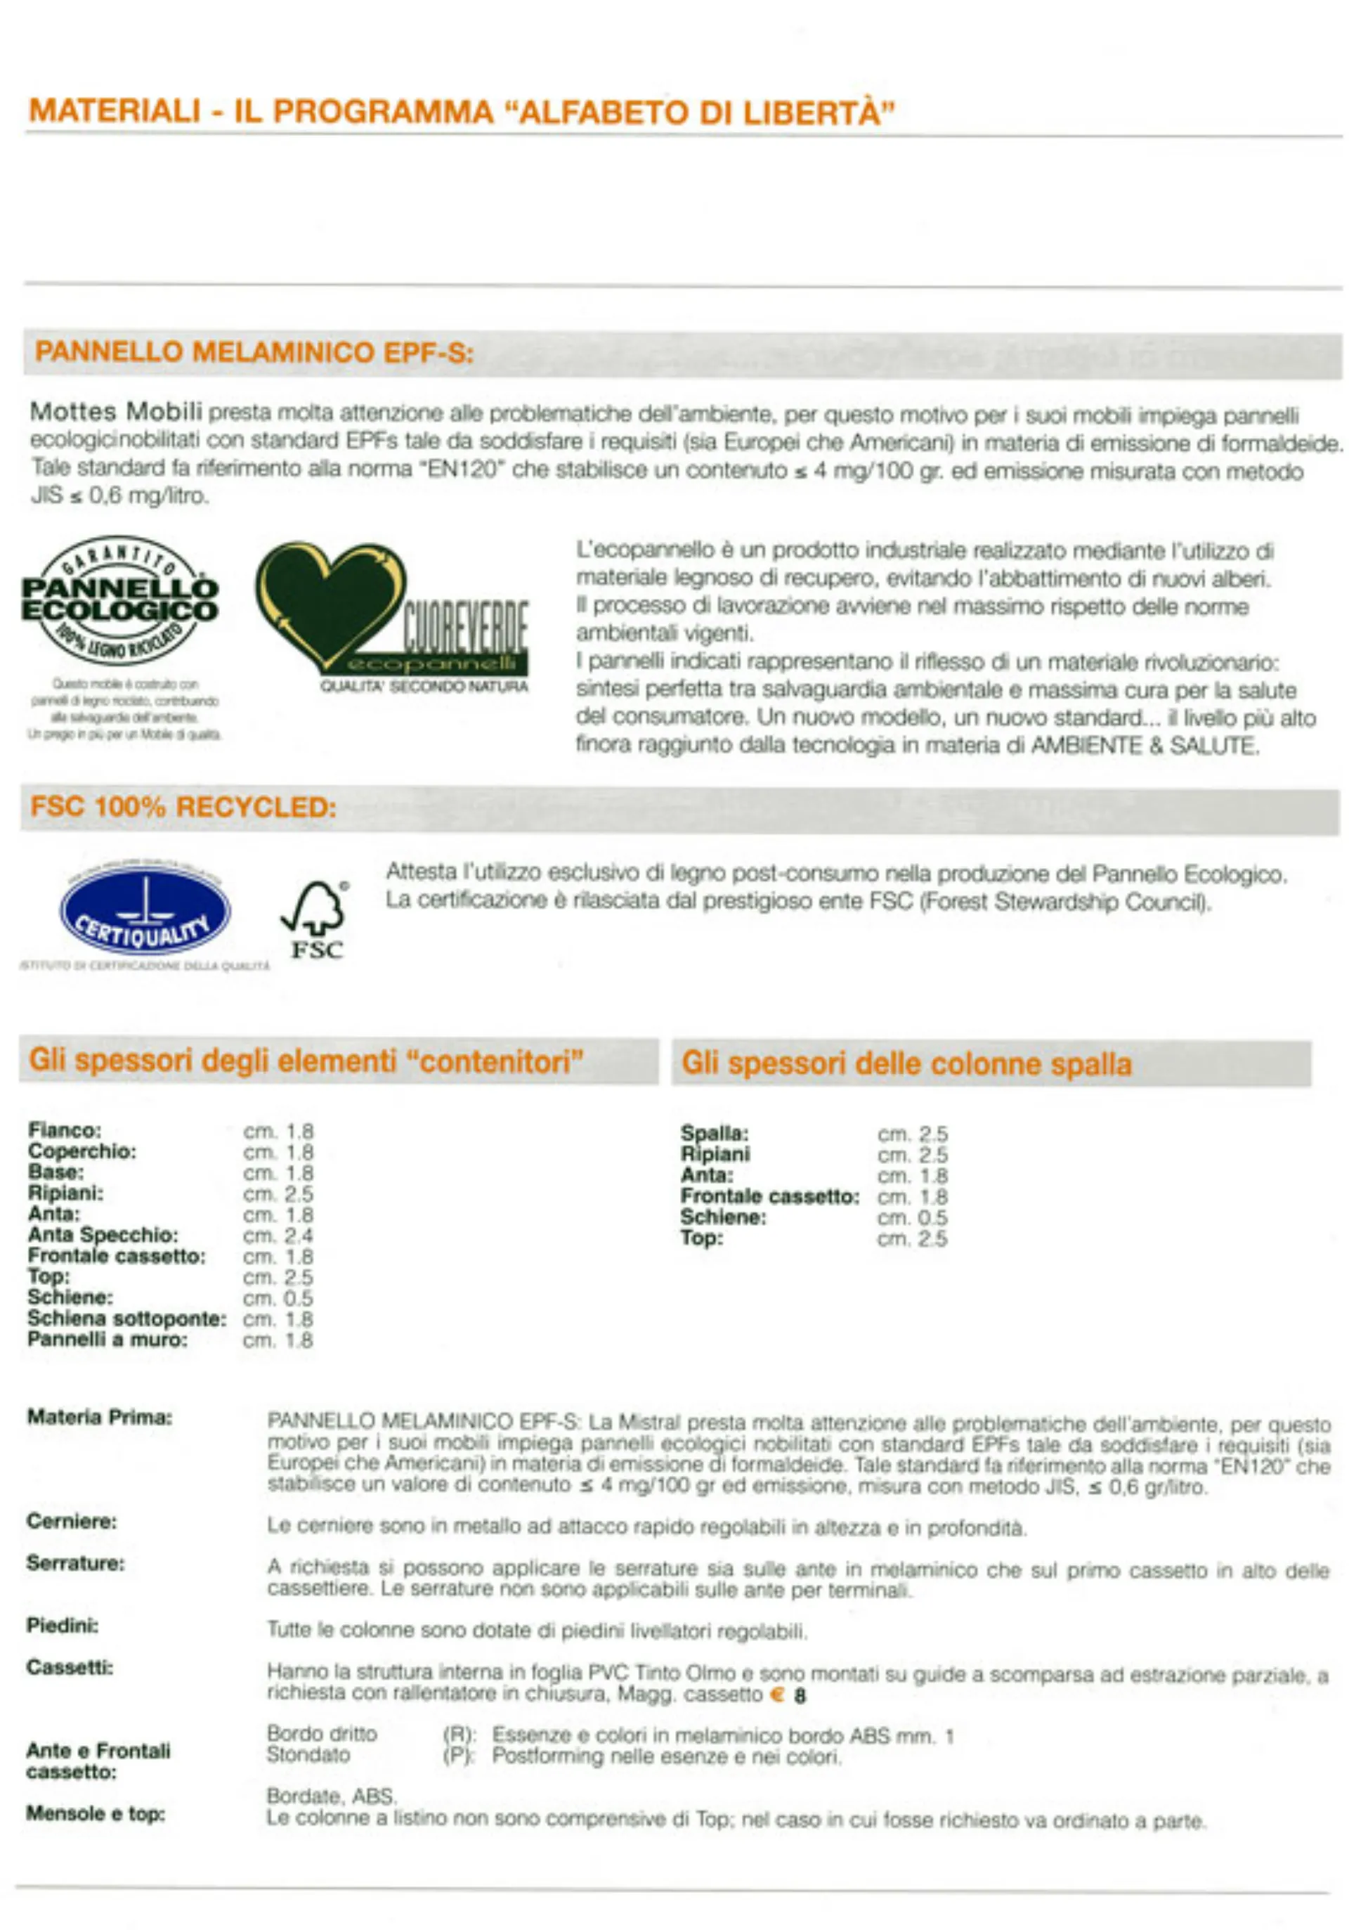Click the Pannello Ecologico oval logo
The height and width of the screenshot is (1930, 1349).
(x=119, y=600)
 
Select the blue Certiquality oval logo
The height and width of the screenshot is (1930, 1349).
(x=145, y=912)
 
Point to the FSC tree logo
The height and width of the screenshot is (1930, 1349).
(x=315, y=919)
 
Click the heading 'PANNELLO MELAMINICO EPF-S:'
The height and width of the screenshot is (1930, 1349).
(x=254, y=352)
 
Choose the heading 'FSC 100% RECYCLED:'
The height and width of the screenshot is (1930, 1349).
(x=183, y=808)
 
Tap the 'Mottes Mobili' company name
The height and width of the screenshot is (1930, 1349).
(x=116, y=412)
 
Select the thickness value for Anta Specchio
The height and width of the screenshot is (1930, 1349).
(x=278, y=1236)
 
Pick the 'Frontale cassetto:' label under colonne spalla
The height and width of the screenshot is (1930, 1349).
(x=770, y=1196)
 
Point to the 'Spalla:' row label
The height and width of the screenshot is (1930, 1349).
(x=715, y=1133)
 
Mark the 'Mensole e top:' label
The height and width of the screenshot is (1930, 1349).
(x=95, y=1814)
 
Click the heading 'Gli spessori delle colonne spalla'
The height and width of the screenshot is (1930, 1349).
(x=906, y=1063)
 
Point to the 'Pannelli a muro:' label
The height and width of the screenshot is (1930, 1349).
(x=107, y=1340)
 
